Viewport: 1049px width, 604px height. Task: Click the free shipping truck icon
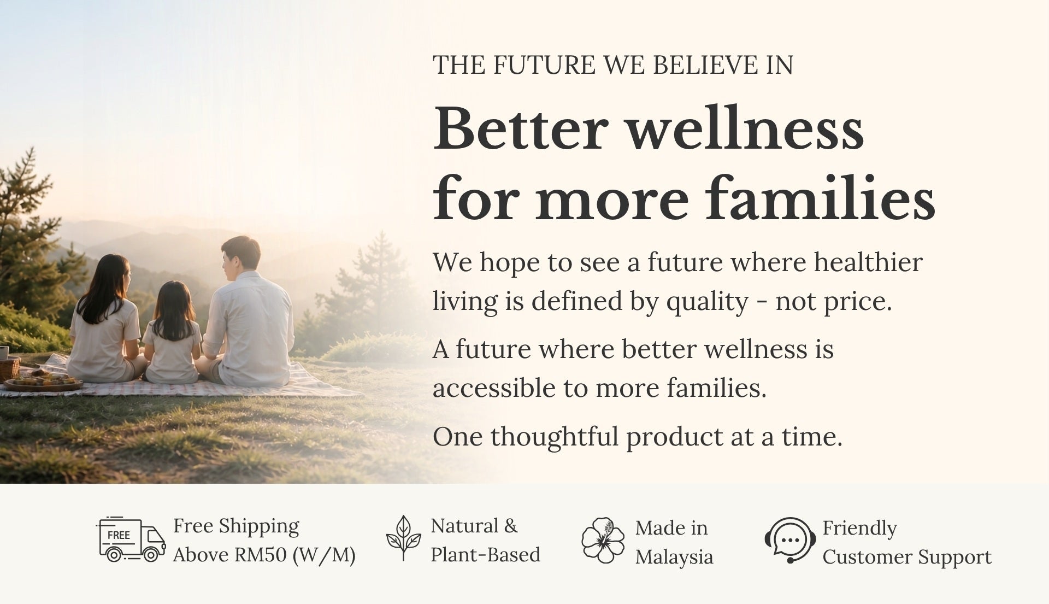(x=131, y=540)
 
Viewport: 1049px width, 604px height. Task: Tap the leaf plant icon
(x=403, y=538)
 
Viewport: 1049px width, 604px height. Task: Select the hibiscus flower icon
(x=603, y=541)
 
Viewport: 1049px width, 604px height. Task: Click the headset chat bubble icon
(x=790, y=540)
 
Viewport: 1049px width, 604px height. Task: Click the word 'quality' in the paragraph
(x=706, y=303)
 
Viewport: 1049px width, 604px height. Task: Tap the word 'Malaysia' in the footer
(x=674, y=557)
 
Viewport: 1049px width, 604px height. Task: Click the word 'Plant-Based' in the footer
(x=485, y=555)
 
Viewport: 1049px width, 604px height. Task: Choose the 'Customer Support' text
(x=907, y=557)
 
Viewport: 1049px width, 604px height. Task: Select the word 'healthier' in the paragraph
(x=868, y=262)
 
